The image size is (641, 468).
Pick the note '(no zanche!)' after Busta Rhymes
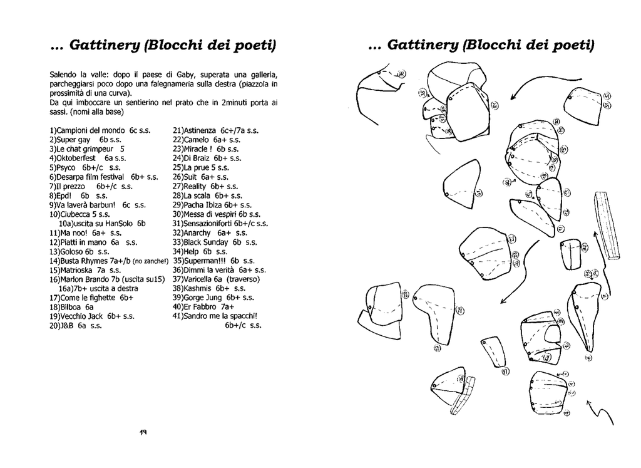click(151, 261)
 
